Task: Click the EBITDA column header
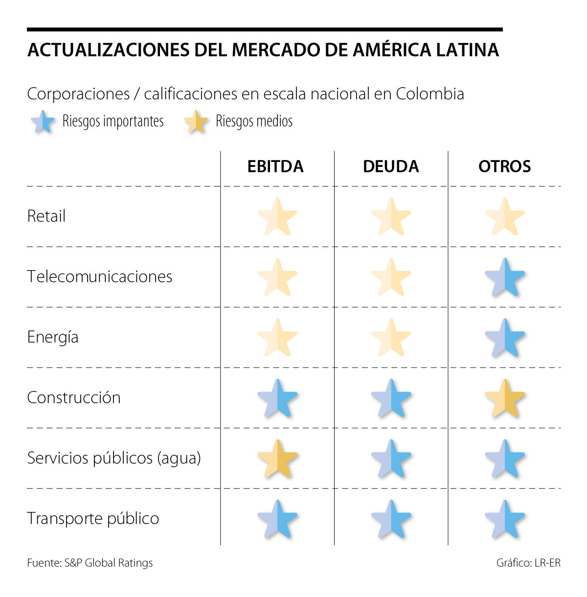pos(275,166)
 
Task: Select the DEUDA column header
pos(391,166)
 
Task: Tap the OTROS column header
pos(504,166)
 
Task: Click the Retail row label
pos(46,216)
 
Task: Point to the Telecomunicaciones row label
pos(100,276)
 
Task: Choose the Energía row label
pos(53,337)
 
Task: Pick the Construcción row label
pos(74,397)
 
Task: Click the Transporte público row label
pos(93,518)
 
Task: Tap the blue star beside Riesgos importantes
pos(43,121)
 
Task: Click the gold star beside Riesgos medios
pos(196,121)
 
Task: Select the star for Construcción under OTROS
pos(505,398)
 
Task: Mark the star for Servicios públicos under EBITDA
pos(277,459)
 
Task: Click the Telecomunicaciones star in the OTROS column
pos(505,277)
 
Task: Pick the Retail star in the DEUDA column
pos(391,217)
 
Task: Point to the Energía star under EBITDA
pos(277,338)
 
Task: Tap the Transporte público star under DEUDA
pos(391,519)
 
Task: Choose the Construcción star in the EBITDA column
pos(277,398)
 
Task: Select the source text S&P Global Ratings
pos(109,563)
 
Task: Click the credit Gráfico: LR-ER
pos(528,563)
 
